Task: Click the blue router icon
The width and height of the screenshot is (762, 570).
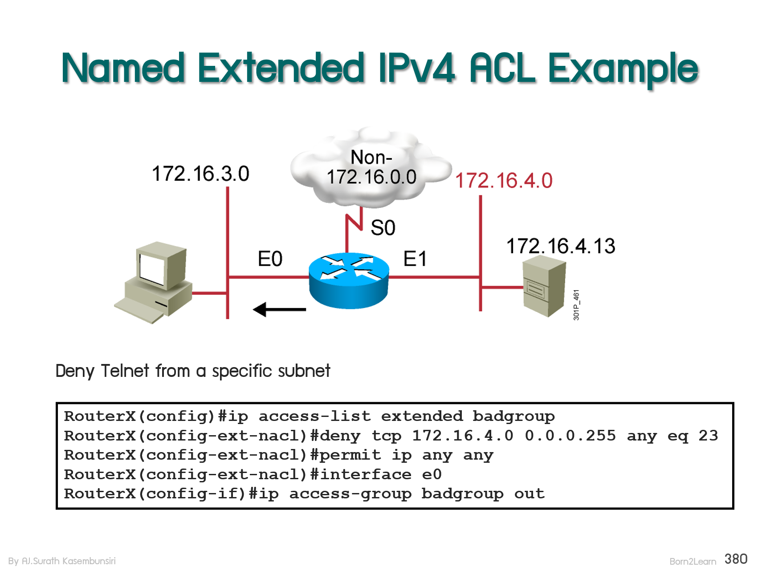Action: coord(349,280)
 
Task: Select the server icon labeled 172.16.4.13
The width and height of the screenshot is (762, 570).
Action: coord(544,287)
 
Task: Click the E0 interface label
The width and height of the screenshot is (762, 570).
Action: coord(270,259)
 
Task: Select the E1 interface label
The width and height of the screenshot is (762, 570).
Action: coord(415,259)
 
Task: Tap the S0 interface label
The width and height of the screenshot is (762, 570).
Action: coord(383,228)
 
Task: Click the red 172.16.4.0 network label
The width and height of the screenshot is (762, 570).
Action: coord(504,181)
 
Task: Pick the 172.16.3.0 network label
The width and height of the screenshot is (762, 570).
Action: coord(200,174)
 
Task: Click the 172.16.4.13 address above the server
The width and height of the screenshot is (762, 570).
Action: coord(561,246)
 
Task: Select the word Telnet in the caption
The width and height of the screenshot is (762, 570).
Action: coord(125,371)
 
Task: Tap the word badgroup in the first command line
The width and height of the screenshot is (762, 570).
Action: coord(513,416)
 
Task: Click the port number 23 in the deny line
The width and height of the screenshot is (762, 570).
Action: coord(708,436)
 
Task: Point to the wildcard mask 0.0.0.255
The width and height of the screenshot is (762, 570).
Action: coord(570,436)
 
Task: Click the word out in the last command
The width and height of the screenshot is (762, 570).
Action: coord(529,493)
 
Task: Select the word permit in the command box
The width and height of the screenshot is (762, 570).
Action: coord(350,455)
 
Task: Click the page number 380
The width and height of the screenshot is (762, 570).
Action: coord(736,559)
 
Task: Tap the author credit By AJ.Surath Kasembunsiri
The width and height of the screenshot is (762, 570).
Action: coord(62,561)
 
